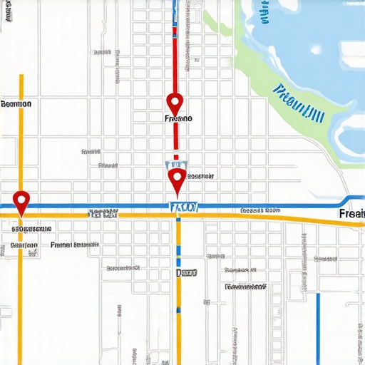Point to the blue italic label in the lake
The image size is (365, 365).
tap(299, 102)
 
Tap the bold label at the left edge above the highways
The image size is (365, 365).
tap(17, 104)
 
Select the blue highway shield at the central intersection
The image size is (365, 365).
tap(183, 207)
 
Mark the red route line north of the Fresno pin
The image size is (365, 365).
tap(174, 50)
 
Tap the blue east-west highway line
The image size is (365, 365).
tap(271, 205)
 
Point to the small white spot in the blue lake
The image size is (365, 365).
tap(317, 49)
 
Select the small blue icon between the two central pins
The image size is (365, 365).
tap(175, 163)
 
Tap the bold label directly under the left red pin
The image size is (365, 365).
tap(31, 229)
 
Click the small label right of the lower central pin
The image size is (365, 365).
tap(201, 175)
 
